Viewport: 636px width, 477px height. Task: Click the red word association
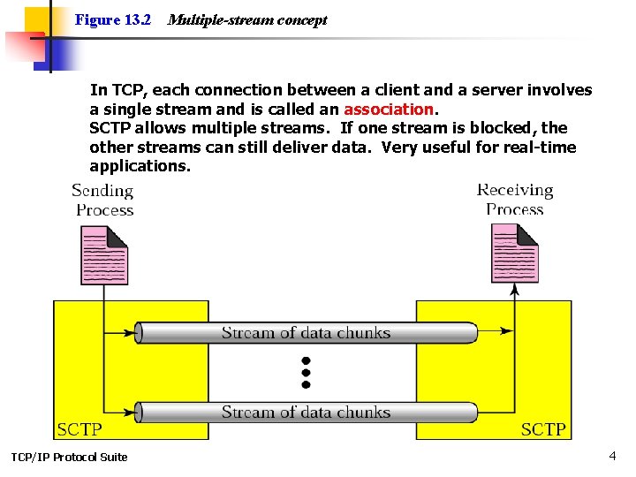tap(389, 110)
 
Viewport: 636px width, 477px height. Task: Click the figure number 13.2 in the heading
tap(137, 19)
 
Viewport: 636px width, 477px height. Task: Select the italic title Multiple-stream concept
tap(246, 19)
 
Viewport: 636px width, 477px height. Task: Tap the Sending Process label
tap(103, 200)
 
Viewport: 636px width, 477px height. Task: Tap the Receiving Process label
tap(515, 200)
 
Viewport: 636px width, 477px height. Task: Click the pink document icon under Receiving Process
tap(514, 253)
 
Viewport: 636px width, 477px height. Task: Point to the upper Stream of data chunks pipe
tap(306, 333)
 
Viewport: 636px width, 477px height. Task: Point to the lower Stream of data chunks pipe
tap(306, 413)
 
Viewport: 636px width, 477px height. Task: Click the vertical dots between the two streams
tap(306, 373)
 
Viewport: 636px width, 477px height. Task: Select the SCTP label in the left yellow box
tap(79, 429)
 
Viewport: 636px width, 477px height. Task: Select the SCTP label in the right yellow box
tap(543, 429)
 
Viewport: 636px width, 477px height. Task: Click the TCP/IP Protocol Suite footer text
tap(69, 457)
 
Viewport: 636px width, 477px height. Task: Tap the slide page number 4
tap(612, 456)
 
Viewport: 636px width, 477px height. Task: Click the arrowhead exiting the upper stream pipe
tap(505, 331)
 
